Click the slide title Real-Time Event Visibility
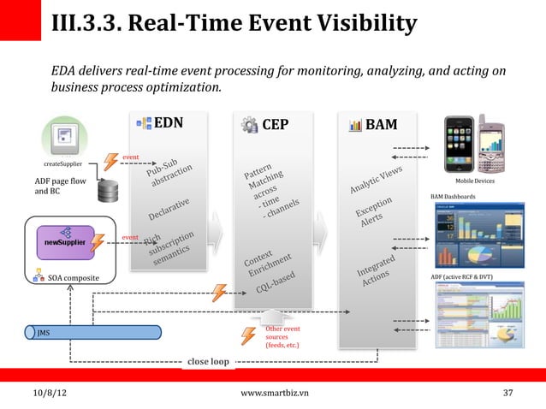[x=234, y=22]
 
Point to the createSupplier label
[x=63, y=163]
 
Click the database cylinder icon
[x=109, y=193]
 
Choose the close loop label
[x=208, y=361]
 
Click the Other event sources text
[x=282, y=337]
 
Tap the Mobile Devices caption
[x=474, y=181]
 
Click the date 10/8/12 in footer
[x=50, y=393]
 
